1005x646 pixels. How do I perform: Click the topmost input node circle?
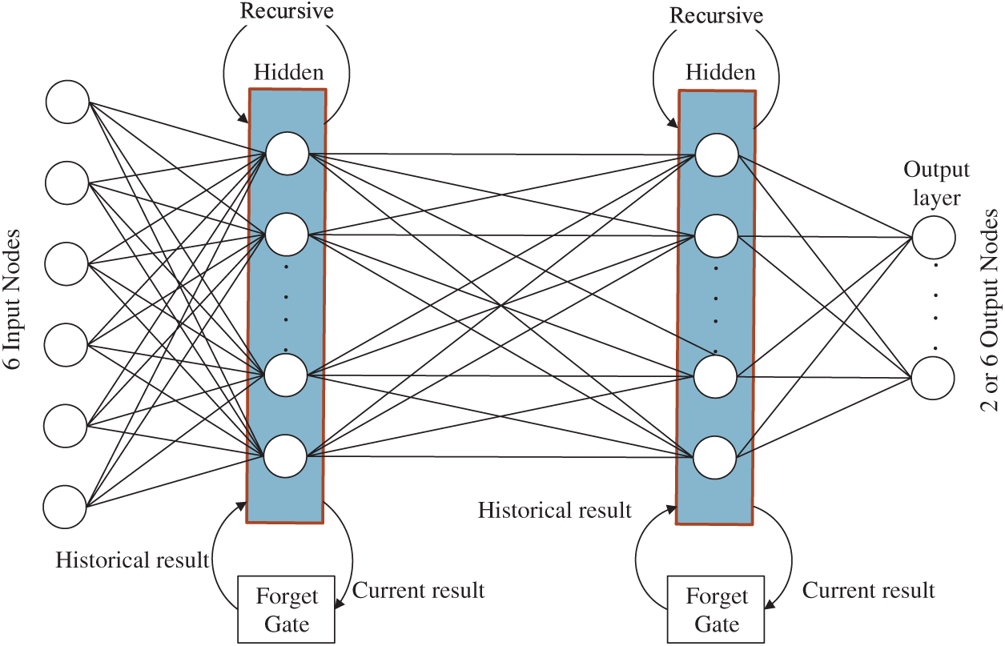pos(68,102)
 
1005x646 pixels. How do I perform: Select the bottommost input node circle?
pos(65,507)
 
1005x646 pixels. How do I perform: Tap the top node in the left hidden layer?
pos(287,154)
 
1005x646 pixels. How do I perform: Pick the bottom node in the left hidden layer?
pos(285,455)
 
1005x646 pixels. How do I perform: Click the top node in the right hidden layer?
pos(717,154)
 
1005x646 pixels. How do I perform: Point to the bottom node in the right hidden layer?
pos(715,457)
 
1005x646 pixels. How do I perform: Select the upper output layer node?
pos(934,237)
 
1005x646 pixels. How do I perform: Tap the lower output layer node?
pos(932,378)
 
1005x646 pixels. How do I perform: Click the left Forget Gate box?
pos(286,609)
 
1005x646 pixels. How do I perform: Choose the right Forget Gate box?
pos(716,609)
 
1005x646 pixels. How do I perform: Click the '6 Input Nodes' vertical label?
pos(13,299)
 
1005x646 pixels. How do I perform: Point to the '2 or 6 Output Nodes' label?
pos(991,311)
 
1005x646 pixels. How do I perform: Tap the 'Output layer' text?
pos(936,183)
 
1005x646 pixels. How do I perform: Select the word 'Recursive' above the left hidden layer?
pos(287,10)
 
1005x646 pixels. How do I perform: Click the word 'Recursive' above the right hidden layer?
pos(717,15)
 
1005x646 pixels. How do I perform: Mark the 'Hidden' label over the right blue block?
pos(721,72)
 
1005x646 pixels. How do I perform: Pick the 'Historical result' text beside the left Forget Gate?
pos(132,560)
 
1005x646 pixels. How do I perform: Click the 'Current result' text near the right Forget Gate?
pos(869,591)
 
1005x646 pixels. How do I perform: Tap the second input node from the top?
pos(66,183)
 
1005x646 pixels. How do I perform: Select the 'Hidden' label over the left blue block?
pos(289,72)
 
